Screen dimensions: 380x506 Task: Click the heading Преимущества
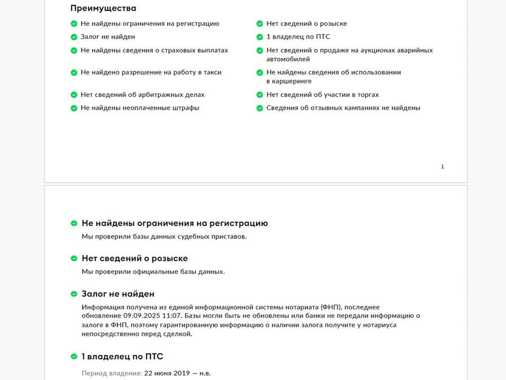[x=103, y=8]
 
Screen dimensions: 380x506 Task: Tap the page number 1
[x=442, y=167]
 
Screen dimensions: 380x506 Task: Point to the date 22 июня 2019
[x=163, y=373]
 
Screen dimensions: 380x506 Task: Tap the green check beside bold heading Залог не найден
[x=74, y=294]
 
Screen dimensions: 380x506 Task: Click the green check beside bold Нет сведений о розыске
[x=74, y=259]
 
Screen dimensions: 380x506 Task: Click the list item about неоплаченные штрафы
[x=140, y=108]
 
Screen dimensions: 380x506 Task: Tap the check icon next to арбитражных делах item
[x=74, y=95]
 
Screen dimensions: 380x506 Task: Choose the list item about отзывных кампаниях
[x=343, y=108]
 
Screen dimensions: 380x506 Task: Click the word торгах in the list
[x=367, y=95]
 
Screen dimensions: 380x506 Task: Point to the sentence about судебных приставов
[x=164, y=236]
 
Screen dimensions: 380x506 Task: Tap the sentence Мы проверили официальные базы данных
[x=153, y=272]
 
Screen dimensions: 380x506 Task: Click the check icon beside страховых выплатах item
[x=74, y=51]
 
